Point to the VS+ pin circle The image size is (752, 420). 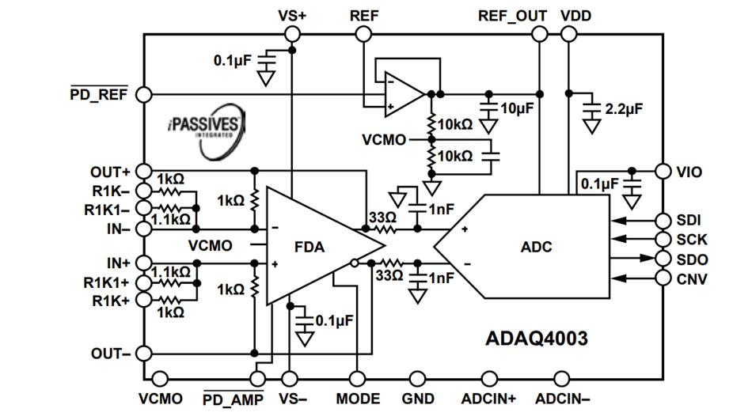tap(292, 34)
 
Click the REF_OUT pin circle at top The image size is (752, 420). tap(539, 34)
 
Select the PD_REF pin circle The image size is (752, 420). tap(143, 94)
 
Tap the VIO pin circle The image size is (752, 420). tap(663, 171)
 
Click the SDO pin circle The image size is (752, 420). tap(663, 259)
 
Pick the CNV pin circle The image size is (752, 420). tap(663, 278)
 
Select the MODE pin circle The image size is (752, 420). tap(357, 379)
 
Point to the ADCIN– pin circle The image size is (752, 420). tap(561, 379)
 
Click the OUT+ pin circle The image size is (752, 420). tap(143, 171)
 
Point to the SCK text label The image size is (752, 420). tap(693, 239)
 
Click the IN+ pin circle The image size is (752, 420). tap(143, 262)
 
